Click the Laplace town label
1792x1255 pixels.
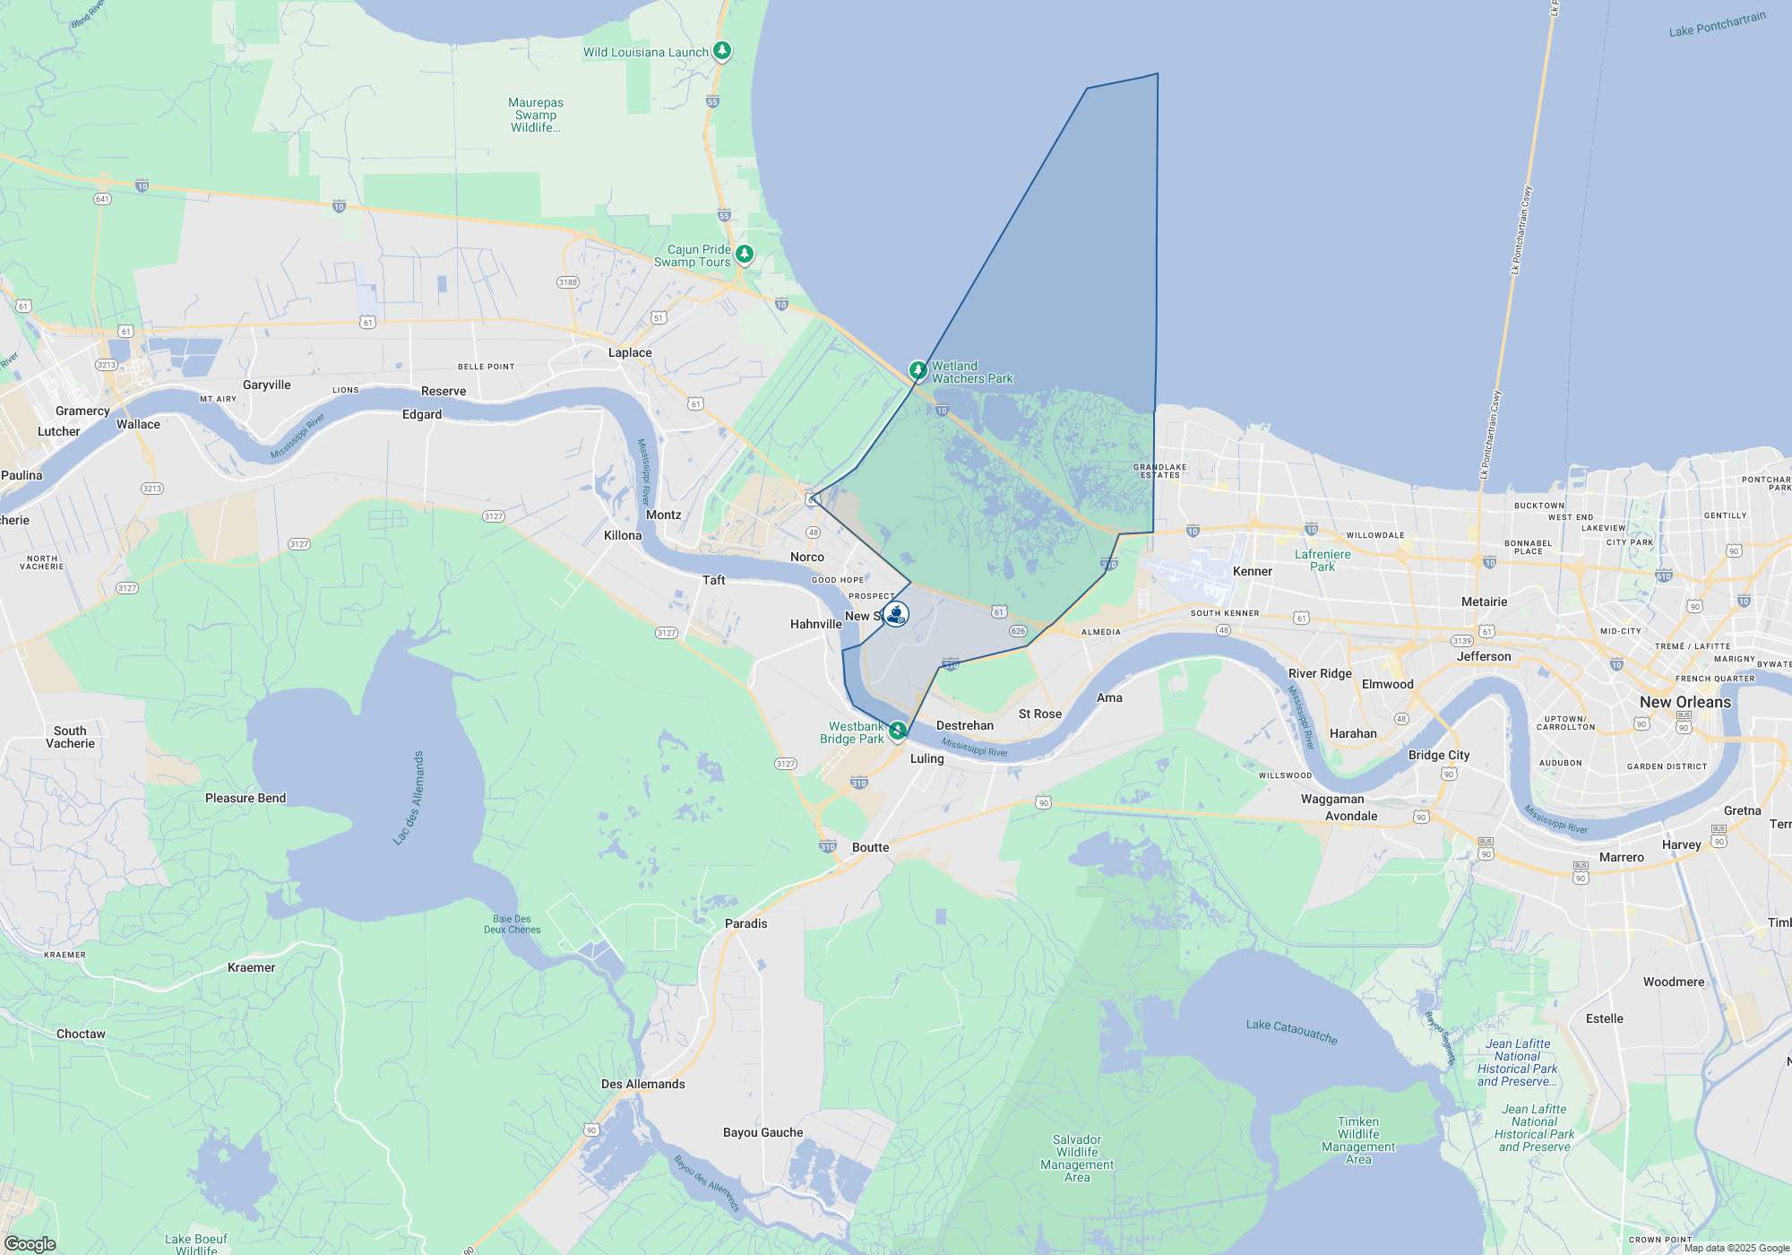[630, 352]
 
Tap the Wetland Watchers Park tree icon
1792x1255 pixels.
[918, 369]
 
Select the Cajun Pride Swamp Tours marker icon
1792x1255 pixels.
[744, 255]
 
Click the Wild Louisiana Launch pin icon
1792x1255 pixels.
[722, 51]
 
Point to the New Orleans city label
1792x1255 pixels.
[1684, 702]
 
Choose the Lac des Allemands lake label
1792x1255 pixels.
[408, 798]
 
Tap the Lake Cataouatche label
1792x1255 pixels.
[1291, 1031]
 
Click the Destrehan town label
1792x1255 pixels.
[964, 725]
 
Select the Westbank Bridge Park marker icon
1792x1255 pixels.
[897, 731]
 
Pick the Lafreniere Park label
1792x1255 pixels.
[1322, 560]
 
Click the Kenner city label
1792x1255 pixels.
[1252, 571]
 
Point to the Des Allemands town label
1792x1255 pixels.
[642, 1084]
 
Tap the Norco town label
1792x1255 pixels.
[806, 557]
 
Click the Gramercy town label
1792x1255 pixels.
[82, 411]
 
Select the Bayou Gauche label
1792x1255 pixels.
[762, 1132]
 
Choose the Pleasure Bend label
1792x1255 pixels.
[246, 798]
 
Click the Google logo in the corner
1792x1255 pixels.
[30, 1243]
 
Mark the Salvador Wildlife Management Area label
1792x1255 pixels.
[1077, 1158]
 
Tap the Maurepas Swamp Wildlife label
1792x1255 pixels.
[536, 115]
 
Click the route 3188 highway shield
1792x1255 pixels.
[568, 282]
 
